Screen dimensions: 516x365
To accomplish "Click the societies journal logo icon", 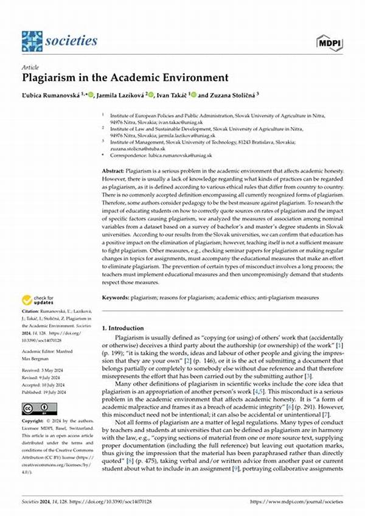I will (32, 41).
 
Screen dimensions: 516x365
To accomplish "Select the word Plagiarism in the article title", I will (48, 77).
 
